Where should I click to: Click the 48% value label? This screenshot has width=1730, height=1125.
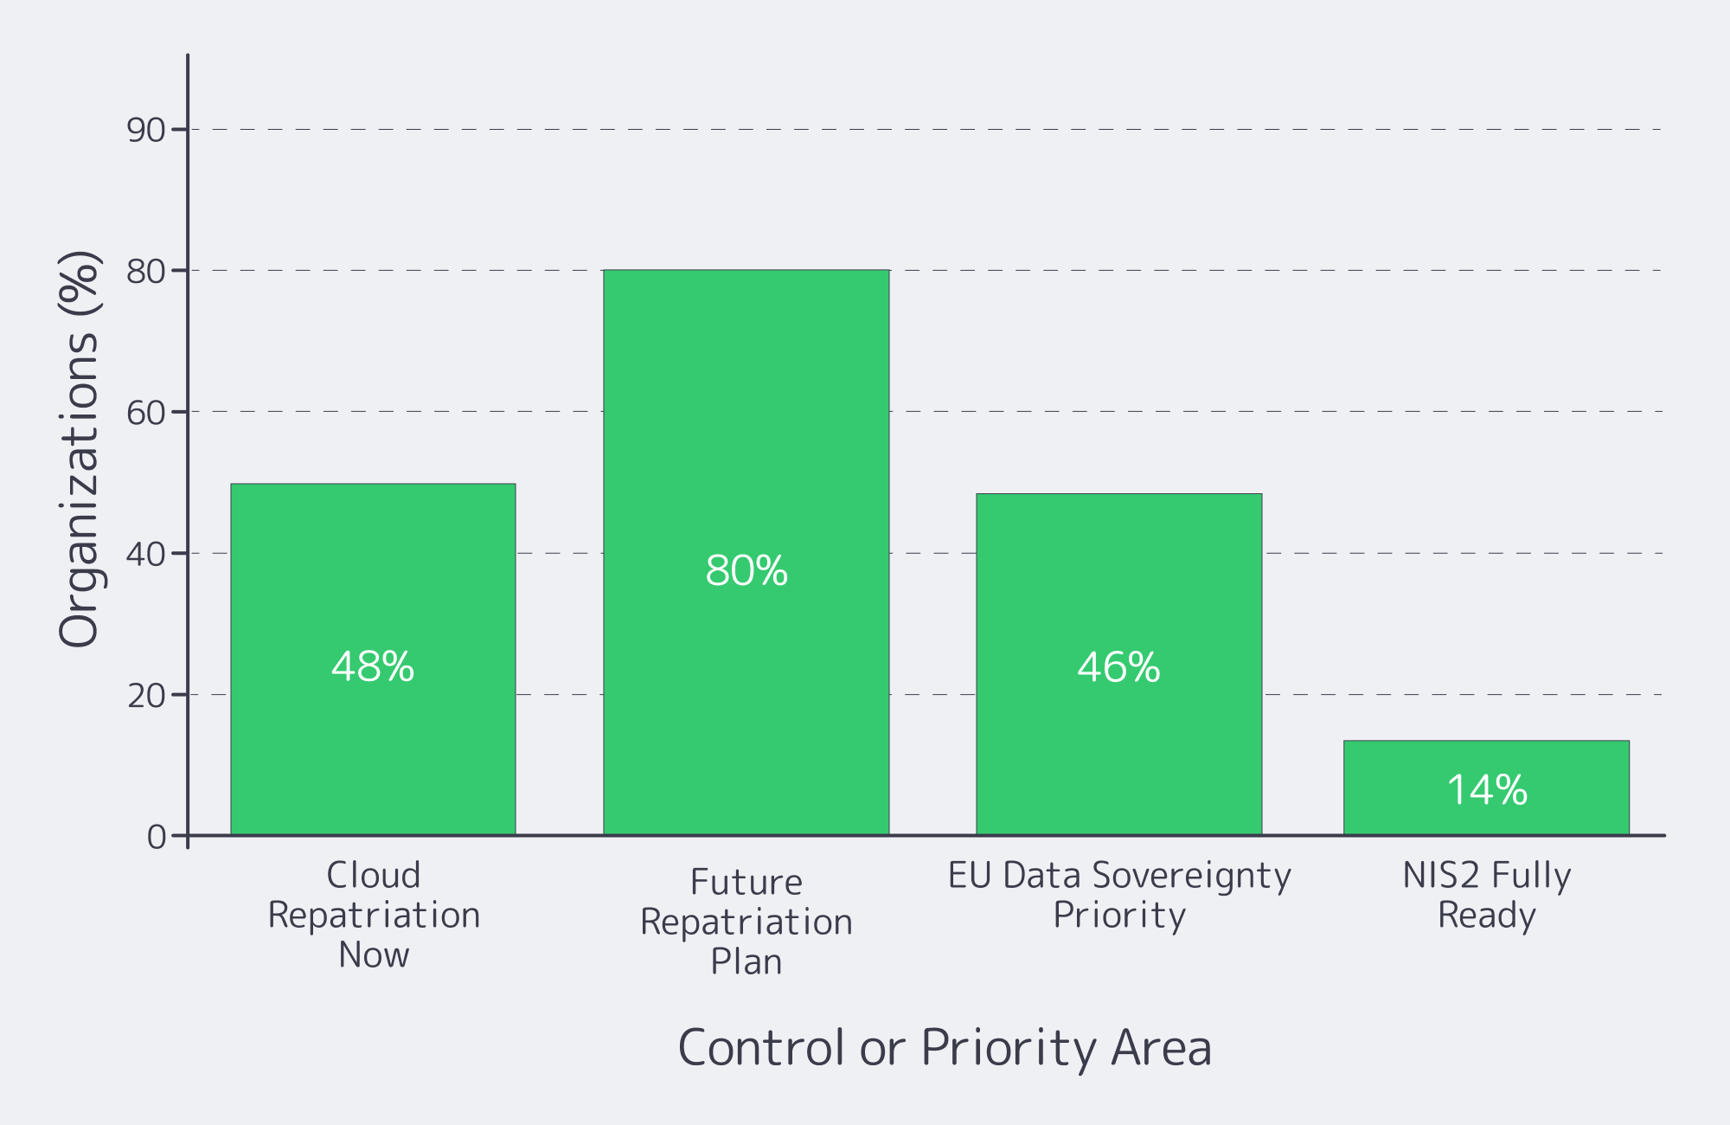(373, 666)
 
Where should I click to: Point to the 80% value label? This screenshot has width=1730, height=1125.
(746, 570)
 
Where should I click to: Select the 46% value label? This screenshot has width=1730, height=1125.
(1118, 667)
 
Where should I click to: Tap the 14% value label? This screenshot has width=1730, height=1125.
(1486, 790)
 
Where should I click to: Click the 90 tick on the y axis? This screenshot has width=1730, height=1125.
(145, 130)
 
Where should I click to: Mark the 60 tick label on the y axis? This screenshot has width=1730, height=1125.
(145, 413)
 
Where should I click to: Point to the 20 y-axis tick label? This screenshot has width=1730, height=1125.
(145, 696)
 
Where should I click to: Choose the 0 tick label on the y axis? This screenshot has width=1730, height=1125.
(156, 837)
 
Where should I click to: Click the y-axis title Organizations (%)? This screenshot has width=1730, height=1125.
(79, 448)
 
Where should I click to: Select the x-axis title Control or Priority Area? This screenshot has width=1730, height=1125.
(944, 1048)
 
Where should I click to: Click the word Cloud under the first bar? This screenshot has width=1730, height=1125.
(373, 875)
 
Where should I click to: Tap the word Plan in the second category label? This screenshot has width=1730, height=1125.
(746, 961)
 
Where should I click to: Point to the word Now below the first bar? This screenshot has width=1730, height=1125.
(373, 955)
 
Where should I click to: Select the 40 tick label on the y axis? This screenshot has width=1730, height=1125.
(145, 554)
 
